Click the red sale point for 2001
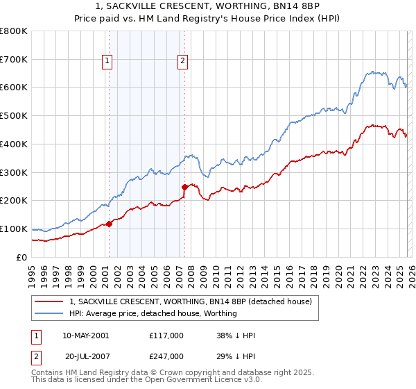point(109,224)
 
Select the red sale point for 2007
point(184,187)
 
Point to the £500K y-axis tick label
point(13,116)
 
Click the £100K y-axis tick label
point(13,229)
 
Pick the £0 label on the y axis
point(22,257)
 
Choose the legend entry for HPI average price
point(153,313)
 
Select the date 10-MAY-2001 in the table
point(85,336)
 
